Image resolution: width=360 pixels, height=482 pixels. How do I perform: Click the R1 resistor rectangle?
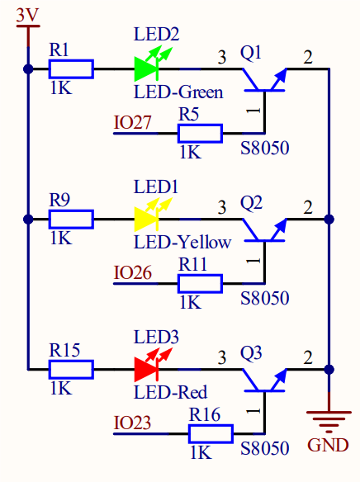(x=71, y=69)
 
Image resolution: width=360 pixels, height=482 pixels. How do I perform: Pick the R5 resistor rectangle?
(x=200, y=134)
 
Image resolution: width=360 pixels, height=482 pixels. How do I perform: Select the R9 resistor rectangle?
(x=71, y=220)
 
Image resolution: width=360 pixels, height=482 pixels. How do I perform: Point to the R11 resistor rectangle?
(x=200, y=284)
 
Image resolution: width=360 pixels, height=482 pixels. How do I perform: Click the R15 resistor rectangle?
(x=71, y=369)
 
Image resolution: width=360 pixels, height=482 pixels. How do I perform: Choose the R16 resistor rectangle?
(x=211, y=434)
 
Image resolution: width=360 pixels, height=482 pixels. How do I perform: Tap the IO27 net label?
(x=132, y=122)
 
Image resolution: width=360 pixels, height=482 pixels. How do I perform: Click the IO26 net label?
(x=132, y=272)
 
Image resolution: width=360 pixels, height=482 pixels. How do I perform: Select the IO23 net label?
(x=132, y=423)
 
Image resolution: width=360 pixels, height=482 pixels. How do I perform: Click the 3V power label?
(x=28, y=15)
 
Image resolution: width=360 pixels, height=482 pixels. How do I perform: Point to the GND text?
(x=328, y=445)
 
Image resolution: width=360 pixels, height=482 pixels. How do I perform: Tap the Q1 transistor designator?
(x=251, y=53)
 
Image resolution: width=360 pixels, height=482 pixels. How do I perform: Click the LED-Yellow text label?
(x=182, y=243)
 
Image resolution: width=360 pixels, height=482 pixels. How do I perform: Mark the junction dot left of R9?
(x=28, y=220)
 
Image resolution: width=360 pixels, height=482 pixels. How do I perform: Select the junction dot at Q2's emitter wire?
(x=329, y=220)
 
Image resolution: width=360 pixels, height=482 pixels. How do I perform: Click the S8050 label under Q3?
(x=265, y=448)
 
